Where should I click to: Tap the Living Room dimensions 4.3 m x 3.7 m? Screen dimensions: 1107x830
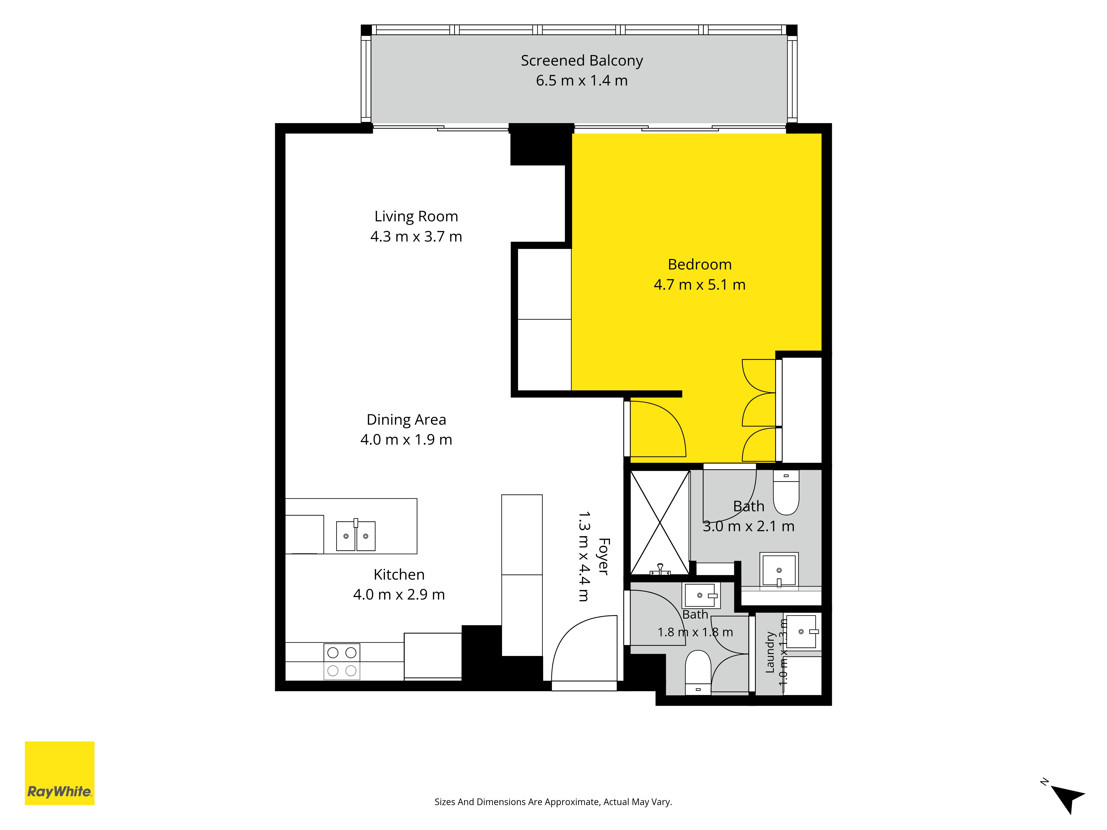416,237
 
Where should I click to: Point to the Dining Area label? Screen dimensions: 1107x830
406,419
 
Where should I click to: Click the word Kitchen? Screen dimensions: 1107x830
399,574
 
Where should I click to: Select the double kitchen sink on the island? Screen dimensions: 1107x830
356,535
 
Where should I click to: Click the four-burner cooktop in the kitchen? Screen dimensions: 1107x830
342,662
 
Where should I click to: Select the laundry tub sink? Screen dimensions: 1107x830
801,632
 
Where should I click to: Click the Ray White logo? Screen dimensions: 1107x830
60,773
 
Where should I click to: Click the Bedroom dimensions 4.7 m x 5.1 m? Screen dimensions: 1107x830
700,285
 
